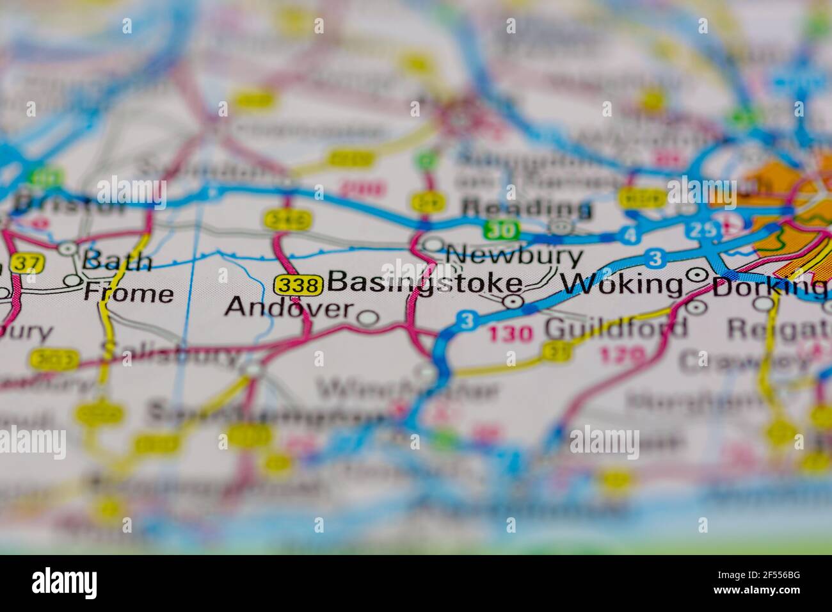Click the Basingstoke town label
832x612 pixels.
click(x=424, y=284)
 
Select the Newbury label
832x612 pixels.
click(x=515, y=257)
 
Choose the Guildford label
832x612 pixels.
click(x=616, y=329)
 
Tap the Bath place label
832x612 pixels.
click(x=118, y=262)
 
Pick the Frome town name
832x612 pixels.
click(x=129, y=294)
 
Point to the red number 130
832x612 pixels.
click(x=511, y=333)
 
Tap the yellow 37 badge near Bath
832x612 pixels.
click(x=26, y=262)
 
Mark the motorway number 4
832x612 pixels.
click(x=631, y=235)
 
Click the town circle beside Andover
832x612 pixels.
click(x=367, y=317)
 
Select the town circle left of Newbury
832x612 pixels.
click(x=435, y=245)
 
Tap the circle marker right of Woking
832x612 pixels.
click(x=696, y=275)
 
